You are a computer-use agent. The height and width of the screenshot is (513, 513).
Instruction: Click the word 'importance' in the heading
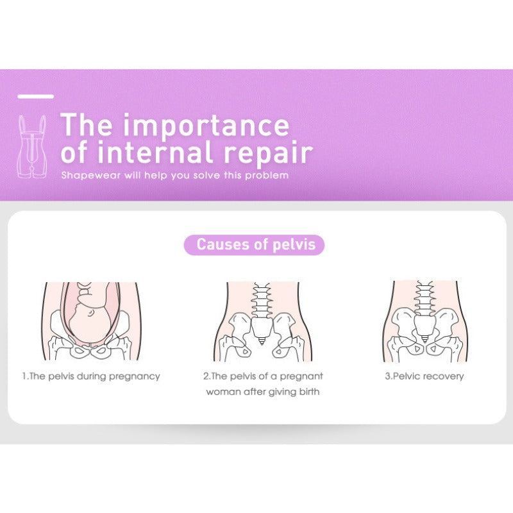coord(206,126)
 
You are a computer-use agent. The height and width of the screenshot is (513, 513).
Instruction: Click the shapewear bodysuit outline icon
coord(32,147)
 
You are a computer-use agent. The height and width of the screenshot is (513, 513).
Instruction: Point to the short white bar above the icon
coord(36,96)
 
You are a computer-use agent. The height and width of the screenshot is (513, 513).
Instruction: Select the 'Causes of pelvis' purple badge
coord(254,245)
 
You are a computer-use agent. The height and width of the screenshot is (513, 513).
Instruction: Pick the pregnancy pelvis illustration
coord(91,321)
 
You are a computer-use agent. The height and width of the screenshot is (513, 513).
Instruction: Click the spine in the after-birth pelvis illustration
coord(262,300)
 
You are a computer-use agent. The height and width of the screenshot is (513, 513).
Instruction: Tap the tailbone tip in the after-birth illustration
coord(262,343)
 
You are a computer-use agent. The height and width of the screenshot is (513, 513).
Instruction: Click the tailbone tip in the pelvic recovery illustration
coord(425,341)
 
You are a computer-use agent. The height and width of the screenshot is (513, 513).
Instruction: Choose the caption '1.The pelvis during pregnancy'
coord(91,376)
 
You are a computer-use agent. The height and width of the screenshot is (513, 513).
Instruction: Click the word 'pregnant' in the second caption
coord(301,376)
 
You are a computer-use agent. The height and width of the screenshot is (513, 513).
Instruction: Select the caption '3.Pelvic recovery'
coord(425,376)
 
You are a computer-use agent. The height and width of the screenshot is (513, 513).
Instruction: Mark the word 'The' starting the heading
coord(87,124)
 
